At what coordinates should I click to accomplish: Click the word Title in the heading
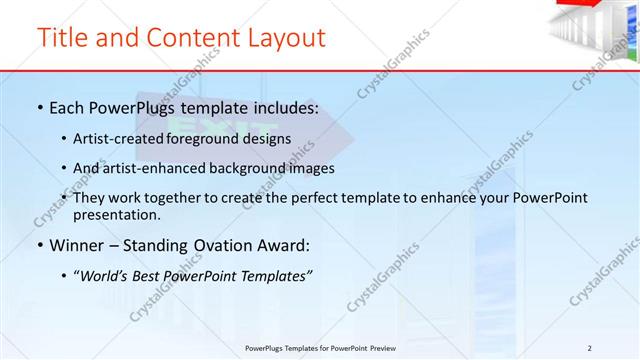(x=60, y=38)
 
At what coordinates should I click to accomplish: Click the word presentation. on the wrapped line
(x=116, y=214)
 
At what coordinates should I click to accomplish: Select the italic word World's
(x=103, y=277)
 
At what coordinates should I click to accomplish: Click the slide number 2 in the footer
(x=589, y=347)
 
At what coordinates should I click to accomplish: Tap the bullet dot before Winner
(x=38, y=246)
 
